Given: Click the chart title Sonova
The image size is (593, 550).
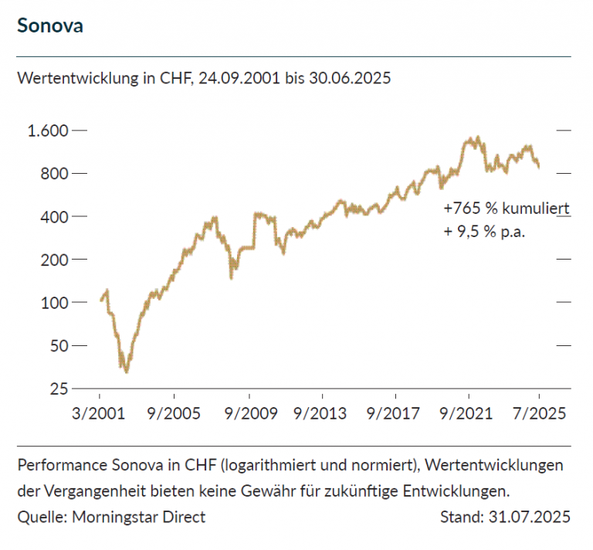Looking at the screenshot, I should (50, 25).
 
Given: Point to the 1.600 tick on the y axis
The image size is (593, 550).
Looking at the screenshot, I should (49, 130).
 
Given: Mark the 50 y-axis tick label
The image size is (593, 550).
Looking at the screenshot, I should (60, 345).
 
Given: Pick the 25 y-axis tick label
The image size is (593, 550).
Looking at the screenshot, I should (60, 389).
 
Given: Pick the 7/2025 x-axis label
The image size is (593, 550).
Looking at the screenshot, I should (540, 413).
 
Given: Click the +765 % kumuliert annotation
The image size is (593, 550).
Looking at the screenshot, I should (507, 209).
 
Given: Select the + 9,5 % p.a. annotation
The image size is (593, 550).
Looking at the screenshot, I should (484, 231).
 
